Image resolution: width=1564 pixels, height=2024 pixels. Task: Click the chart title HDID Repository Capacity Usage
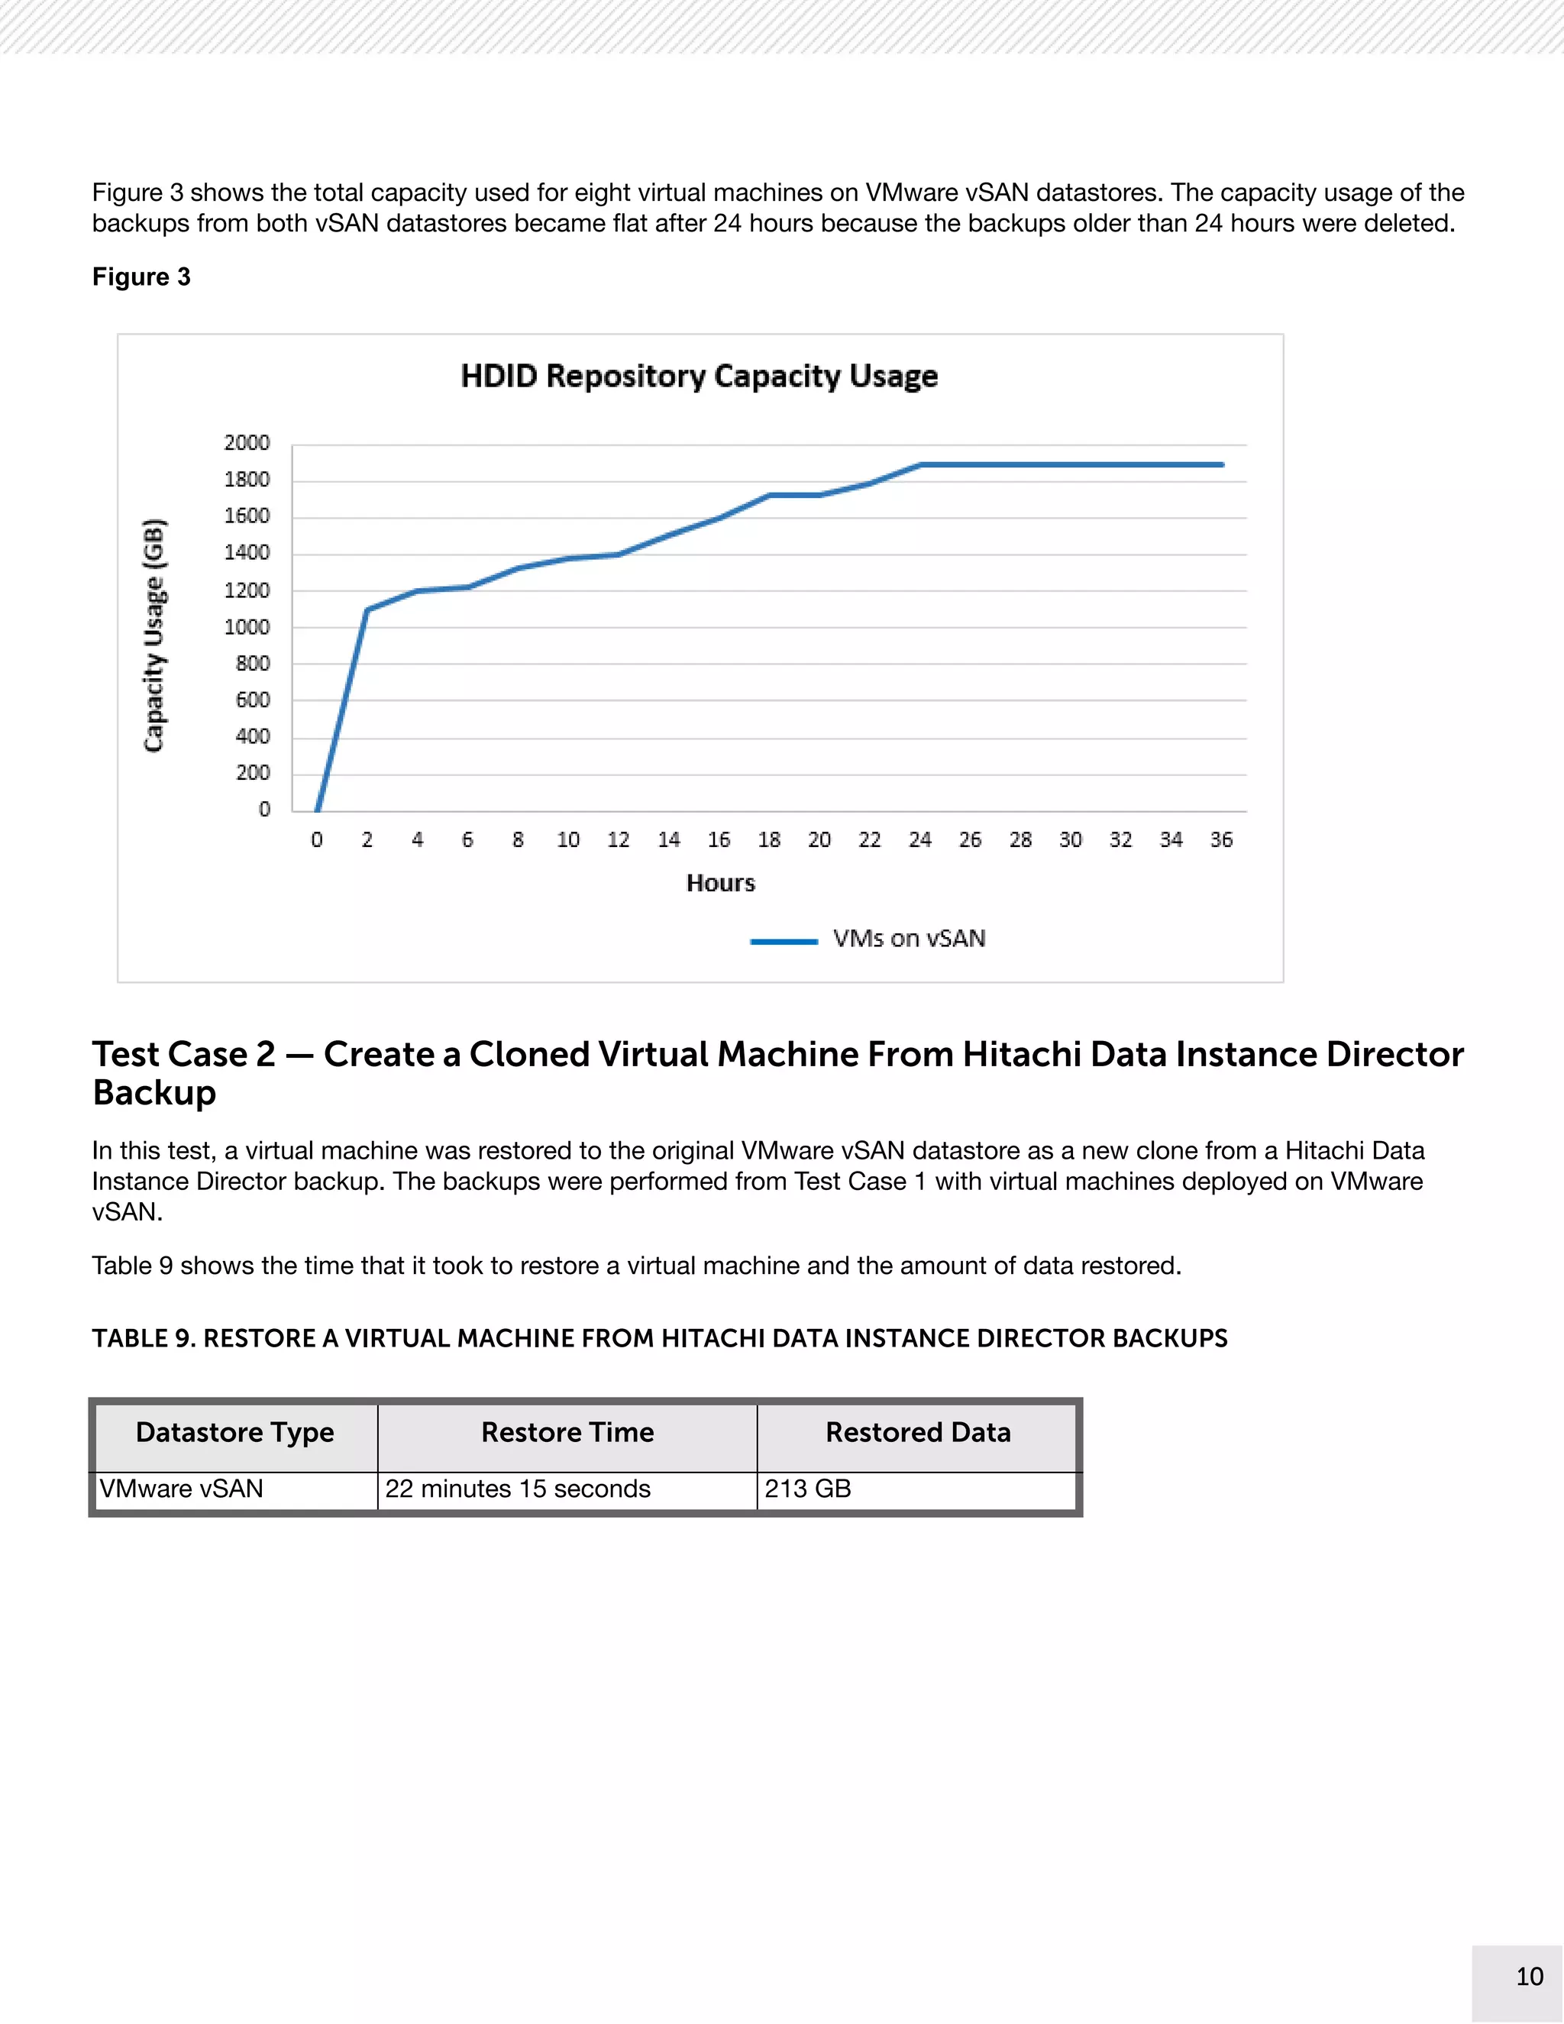700,377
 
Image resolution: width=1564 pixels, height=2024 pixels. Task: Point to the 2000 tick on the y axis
247,443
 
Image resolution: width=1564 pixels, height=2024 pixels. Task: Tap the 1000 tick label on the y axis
247,627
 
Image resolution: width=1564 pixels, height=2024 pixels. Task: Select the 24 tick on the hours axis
919,839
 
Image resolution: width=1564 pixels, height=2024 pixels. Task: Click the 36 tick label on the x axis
1221,839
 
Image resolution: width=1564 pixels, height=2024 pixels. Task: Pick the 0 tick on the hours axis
317,839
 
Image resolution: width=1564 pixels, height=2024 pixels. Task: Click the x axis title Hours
720,883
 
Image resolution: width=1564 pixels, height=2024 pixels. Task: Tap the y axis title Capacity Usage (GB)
153,635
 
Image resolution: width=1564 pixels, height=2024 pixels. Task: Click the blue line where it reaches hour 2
367,609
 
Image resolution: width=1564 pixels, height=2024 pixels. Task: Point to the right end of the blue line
1222,464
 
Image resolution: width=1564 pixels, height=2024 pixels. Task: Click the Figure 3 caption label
141,277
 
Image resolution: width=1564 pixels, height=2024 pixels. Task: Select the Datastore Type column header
234,1433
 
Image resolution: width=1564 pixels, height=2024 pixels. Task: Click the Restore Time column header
567,1433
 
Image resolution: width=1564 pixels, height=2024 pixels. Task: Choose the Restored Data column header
917,1433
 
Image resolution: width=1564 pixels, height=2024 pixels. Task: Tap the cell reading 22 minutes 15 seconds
517,1489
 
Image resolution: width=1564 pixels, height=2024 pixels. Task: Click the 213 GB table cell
807,1489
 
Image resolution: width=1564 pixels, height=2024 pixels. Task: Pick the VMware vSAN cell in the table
182,1489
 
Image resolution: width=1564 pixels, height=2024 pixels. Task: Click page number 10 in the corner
1529,1977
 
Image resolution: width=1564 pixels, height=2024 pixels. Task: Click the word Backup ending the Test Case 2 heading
155,1094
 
